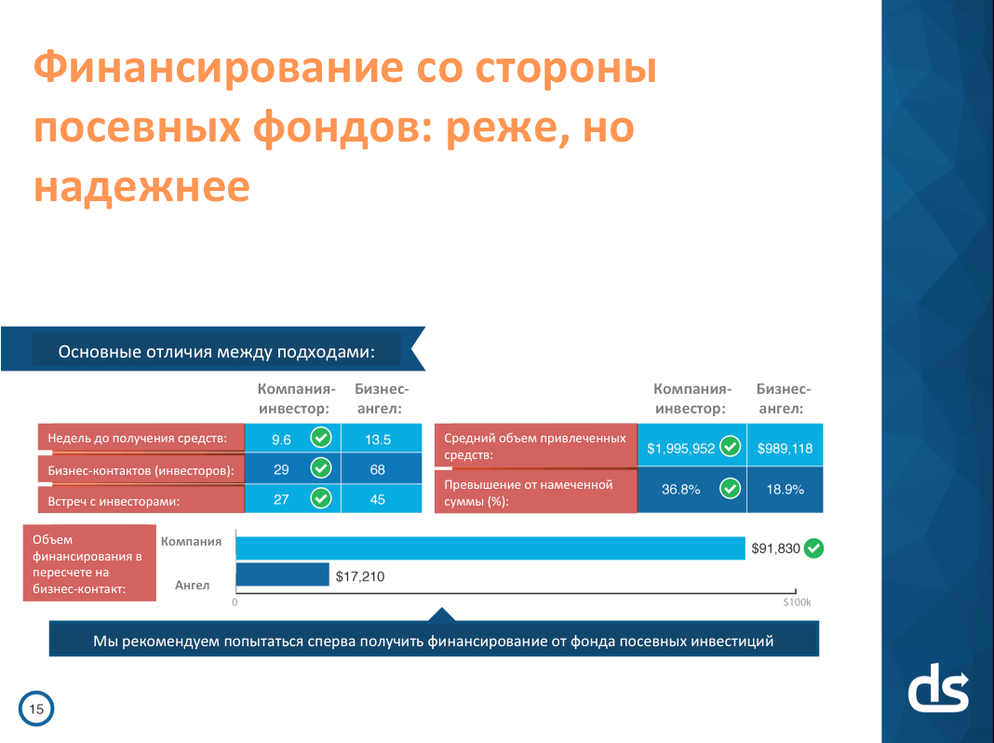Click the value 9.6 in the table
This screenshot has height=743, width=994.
(282, 439)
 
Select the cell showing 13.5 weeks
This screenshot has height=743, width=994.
(377, 439)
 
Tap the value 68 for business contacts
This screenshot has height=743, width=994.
(377, 469)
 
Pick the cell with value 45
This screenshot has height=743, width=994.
(377, 499)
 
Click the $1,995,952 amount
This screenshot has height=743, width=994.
(681, 448)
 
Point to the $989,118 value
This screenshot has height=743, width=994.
(785, 448)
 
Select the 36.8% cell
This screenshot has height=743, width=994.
(680, 489)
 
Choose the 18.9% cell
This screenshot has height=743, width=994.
(785, 489)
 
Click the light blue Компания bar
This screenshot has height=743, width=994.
(490, 547)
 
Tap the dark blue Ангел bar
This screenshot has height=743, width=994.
(283, 575)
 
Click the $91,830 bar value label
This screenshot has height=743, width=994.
(775, 548)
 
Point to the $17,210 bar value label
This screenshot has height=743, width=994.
(360, 576)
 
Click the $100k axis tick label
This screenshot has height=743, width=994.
(797, 602)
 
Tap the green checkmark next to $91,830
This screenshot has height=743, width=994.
(814, 548)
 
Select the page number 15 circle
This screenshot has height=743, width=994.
(36, 709)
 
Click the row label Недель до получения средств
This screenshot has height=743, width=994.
(140, 439)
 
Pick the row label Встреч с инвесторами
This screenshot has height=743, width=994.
(140, 500)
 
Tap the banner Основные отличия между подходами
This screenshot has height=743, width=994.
(217, 351)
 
